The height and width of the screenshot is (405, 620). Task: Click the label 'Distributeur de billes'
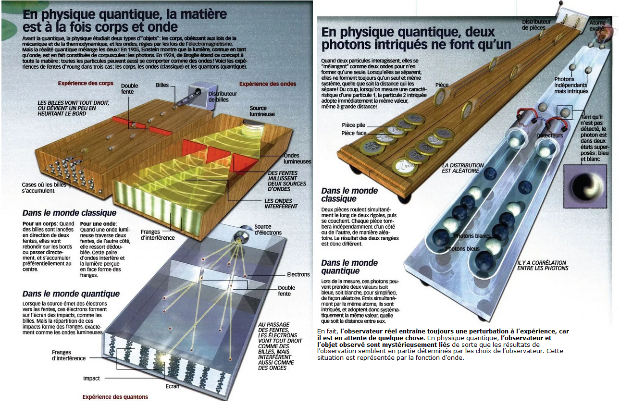(223, 97)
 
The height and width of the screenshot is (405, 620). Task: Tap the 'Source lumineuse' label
(262, 111)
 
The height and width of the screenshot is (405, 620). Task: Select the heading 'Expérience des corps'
(86, 83)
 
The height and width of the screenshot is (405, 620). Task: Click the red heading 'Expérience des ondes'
(268, 84)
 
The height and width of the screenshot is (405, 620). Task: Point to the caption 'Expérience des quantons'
(115, 397)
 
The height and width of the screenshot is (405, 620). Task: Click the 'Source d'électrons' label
(268, 230)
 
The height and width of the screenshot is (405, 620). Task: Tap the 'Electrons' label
(298, 274)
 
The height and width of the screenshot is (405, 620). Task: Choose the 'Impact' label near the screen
(91, 378)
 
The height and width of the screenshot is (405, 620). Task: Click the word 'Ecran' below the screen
(173, 386)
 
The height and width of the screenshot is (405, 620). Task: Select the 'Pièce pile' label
(353, 125)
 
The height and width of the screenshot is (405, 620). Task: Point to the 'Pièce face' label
(354, 133)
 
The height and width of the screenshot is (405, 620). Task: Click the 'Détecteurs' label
(550, 135)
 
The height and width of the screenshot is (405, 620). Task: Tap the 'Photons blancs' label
(472, 236)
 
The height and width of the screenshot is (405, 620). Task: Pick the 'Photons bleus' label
(462, 249)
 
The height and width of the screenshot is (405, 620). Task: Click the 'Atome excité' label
(597, 25)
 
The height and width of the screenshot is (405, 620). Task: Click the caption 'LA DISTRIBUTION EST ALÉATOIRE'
(463, 168)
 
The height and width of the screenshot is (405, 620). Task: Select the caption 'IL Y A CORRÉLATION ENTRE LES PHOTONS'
(543, 265)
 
